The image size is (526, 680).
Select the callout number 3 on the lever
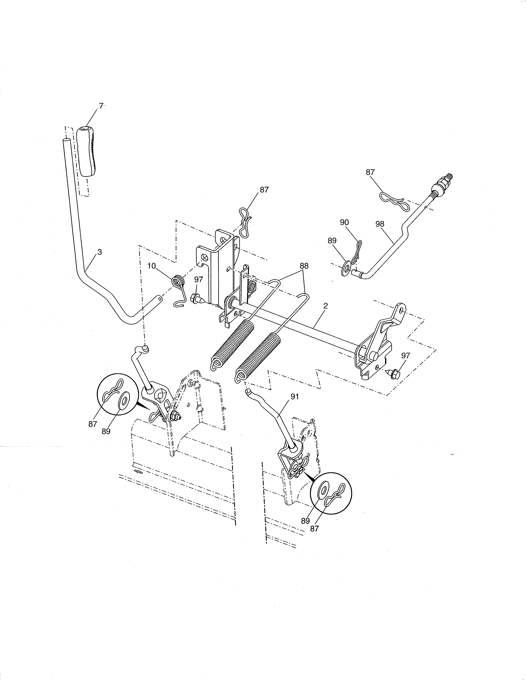[x=99, y=252]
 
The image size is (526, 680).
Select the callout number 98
[x=380, y=224]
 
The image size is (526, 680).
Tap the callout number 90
[x=344, y=222]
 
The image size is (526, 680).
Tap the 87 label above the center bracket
[x=264, y=190]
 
